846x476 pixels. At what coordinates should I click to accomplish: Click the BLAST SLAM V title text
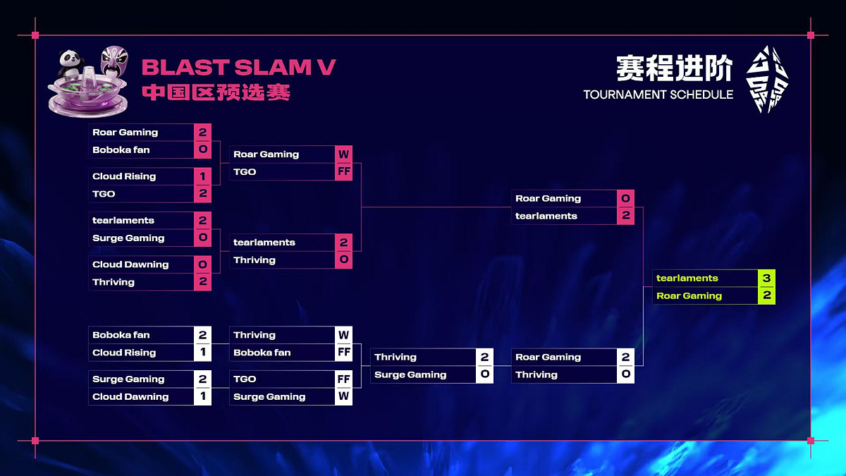238,68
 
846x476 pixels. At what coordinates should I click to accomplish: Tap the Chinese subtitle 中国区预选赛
216,93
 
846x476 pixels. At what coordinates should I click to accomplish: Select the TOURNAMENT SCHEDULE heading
658,94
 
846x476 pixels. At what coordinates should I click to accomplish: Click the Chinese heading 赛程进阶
674,68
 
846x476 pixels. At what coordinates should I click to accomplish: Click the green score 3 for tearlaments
766,278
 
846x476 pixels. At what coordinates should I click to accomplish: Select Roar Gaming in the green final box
689,296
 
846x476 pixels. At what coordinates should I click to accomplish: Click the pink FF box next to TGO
343,172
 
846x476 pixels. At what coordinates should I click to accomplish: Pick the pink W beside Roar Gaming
343,154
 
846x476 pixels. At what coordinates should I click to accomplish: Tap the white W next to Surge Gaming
343,396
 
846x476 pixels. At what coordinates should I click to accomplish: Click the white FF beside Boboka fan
343,353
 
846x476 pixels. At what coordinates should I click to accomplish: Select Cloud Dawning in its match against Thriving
130,264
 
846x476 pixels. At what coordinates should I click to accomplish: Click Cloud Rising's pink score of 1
202,176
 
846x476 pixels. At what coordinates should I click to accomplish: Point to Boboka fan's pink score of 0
202,150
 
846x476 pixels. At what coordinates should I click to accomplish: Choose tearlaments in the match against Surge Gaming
123,221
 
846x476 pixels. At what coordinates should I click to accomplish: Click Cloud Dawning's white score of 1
202,396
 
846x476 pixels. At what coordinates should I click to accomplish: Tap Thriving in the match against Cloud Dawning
114,282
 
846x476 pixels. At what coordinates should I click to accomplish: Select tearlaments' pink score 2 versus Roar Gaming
625,216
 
